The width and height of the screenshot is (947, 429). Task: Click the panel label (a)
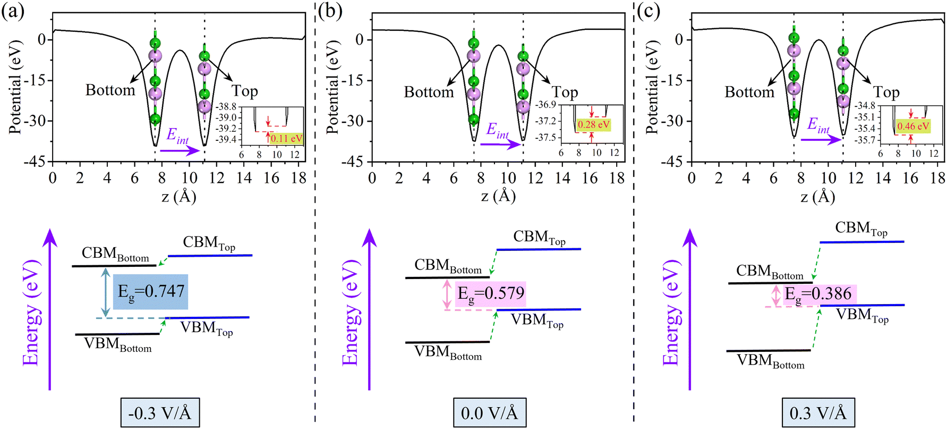coord(13,11)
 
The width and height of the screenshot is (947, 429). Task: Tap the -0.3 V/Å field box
coord(160,413)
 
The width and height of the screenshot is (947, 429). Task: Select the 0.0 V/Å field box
coord(489,413)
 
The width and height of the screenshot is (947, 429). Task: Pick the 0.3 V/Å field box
coord(818,413)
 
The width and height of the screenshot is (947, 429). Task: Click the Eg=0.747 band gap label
coord(151,291)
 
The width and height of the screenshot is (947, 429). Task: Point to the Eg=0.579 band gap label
coord(490,293)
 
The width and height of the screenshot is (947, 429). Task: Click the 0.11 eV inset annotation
coord(286,139)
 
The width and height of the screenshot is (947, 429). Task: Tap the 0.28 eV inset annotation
coord(593,124)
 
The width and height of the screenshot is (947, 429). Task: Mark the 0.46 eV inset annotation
coord(913,127)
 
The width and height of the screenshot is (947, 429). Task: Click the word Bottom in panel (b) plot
coord(429,92)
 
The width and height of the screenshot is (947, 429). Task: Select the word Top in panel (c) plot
coord(886,92)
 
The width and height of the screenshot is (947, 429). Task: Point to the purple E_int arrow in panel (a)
coord(180,151)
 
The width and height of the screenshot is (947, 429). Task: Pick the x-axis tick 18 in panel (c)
coord(938,178)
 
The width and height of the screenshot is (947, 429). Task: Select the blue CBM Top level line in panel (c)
coord(861,242)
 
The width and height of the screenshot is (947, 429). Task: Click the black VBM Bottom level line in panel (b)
coord(447,342)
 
